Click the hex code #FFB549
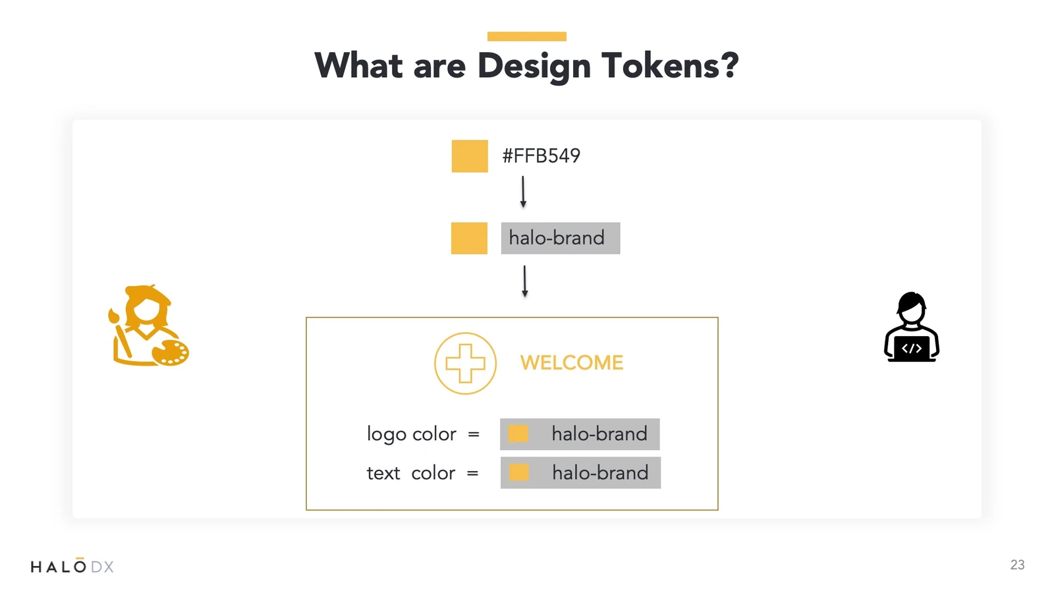(541, 155)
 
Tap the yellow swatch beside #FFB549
(470, 155)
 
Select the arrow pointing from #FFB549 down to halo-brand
(523, 192)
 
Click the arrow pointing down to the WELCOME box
(524, 281)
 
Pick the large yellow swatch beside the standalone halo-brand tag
(469, 238)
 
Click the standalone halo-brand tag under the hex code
(561, 238)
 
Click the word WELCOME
(572, 363)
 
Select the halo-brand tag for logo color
(580, 434)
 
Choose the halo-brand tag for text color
(580, 472)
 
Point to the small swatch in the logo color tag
(518, 434)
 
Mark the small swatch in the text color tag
(519, 472)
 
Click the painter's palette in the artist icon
(171, 353)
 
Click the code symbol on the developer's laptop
(912, 349)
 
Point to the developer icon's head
(912, 308)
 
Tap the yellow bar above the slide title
(526, 36)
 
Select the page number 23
(1017, 565)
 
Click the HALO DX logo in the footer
(72, 566)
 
